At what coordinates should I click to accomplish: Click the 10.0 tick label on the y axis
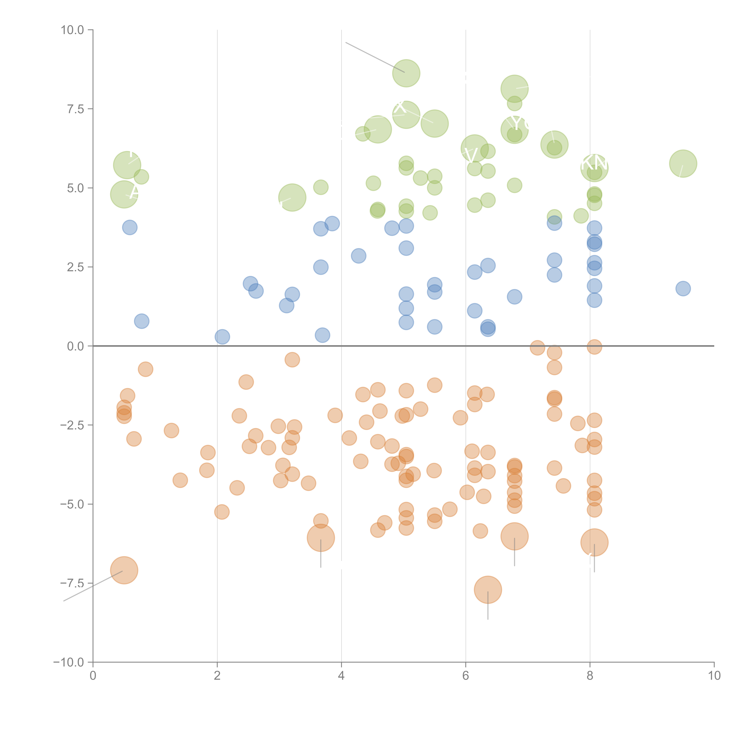(72, 30)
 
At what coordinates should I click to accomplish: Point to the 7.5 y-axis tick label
(75, 109)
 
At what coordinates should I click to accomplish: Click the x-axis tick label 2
(217, 676)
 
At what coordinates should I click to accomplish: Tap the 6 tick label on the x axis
(466, 676)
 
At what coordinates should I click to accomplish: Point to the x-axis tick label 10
(714, 676)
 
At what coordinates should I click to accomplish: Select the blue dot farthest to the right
(683, 288)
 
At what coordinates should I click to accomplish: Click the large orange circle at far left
(124, 570)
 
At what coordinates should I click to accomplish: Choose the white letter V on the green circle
(471, 155)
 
